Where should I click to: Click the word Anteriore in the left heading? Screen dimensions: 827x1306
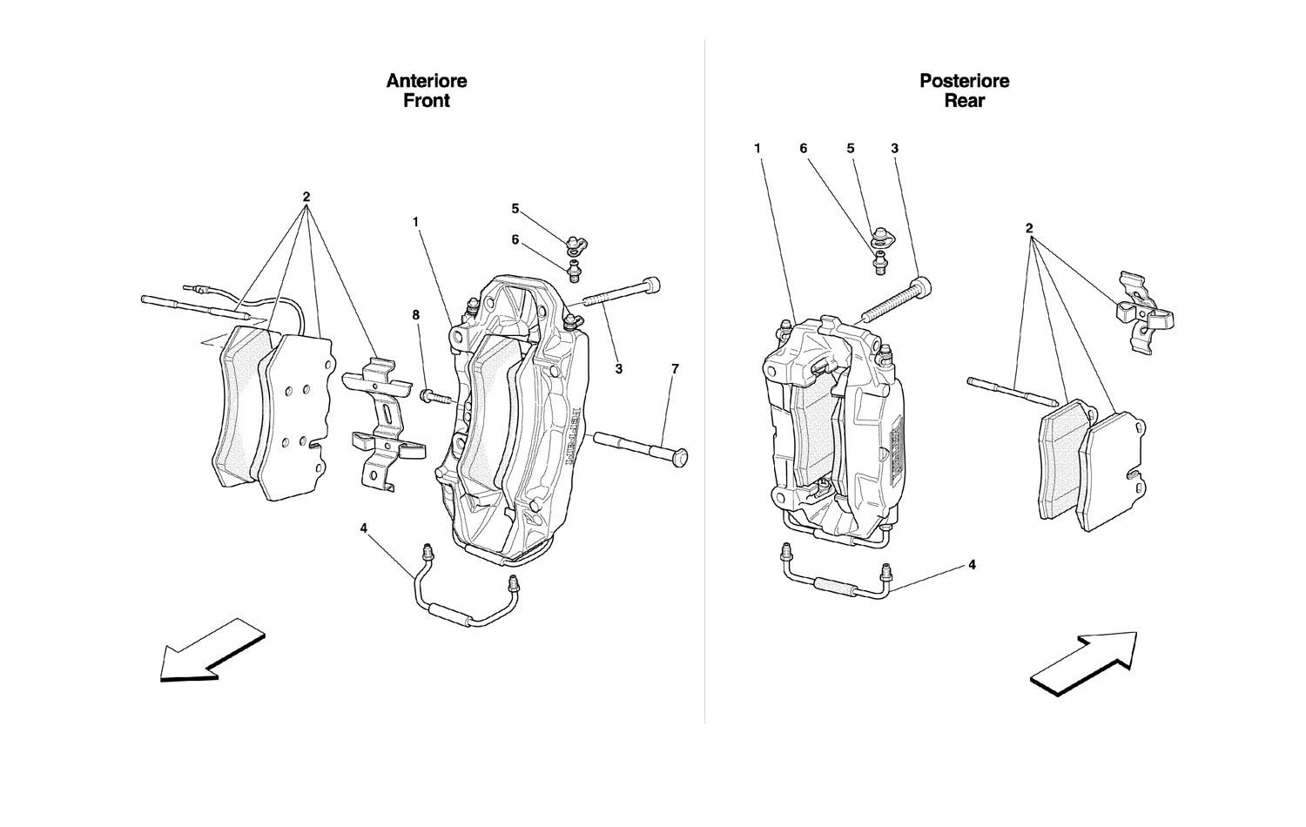click(x=427, y=81)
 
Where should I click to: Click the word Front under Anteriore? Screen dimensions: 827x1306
click(x=427, y=101)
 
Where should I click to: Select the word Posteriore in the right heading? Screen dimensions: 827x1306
click(x=965, y=81)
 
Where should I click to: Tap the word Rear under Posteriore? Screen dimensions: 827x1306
click(x=965, y=101)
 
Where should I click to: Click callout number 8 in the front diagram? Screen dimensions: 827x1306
click(x=416, y=315)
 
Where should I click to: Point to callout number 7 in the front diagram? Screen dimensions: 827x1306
click(x=674, y=369)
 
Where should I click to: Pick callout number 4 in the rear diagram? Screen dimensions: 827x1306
click(x=972, y=565)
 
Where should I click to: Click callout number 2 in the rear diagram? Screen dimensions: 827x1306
click(x=1029, y=229)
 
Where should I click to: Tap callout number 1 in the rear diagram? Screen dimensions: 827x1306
click(x=757, y=149)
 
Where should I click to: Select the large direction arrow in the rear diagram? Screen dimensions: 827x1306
click(x=1082, y=662)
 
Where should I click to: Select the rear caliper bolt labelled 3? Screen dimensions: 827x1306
click(x=897, y=300)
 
